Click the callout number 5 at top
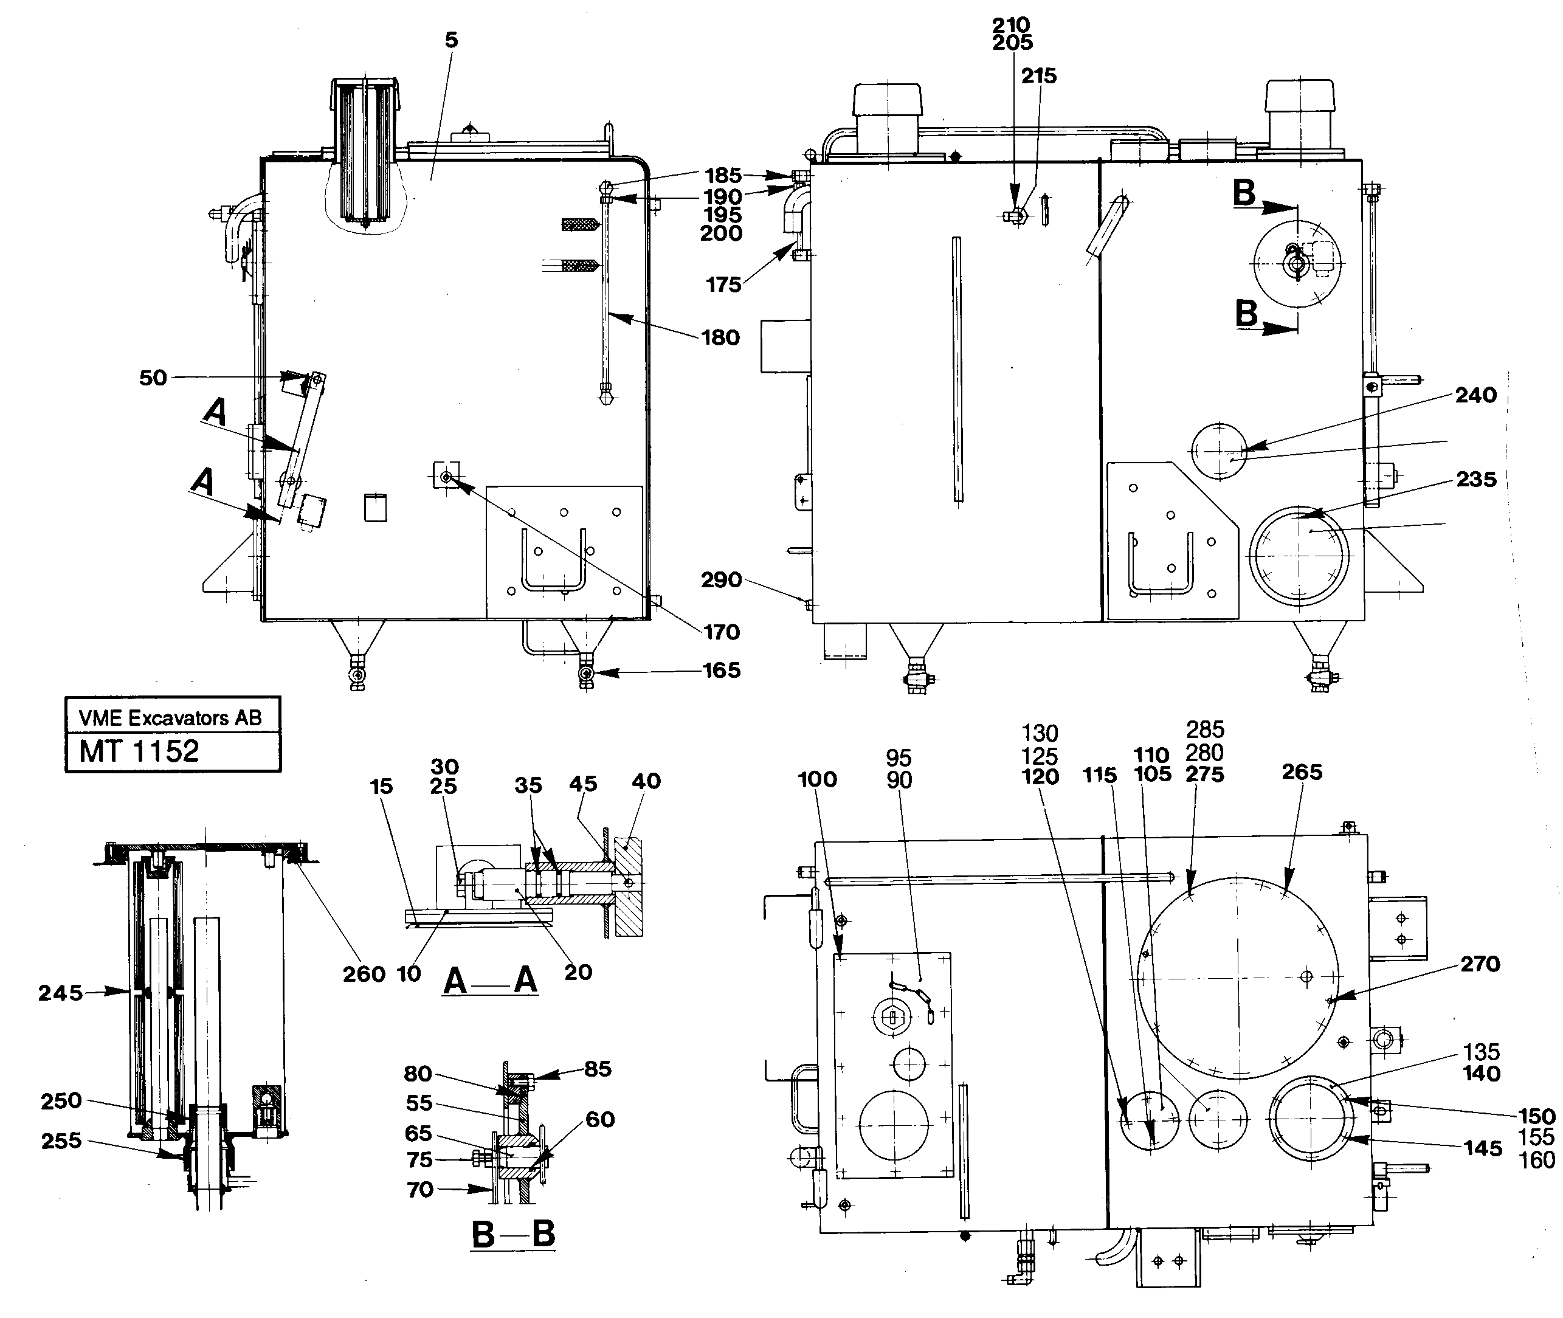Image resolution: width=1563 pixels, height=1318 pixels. coord(450,40)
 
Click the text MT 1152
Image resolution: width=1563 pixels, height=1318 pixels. coord(139,751)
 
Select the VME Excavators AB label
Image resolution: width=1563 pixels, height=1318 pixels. coord(170,718)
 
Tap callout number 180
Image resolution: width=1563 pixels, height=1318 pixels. coord(720,338)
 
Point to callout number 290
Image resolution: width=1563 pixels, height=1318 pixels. coord(721,580)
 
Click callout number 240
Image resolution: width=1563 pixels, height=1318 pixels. coord(1475,395)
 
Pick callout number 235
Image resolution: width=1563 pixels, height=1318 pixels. coord(1476,479)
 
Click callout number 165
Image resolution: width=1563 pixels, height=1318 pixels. coord(722,670)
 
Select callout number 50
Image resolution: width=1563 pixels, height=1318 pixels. coord(153,378)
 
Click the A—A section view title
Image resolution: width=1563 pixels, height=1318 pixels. coord(491,979)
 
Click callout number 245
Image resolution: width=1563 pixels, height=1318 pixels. coord(61,993)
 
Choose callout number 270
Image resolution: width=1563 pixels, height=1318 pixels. coord(1480,964)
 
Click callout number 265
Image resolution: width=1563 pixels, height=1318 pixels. coord(1302,772)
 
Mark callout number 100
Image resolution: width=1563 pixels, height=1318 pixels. coord(817,779)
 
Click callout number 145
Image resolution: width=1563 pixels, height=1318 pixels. coord(1482,1148)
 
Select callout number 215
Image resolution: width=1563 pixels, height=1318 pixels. coord(1039,76)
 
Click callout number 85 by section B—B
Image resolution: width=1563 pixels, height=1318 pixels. coord(598,1069)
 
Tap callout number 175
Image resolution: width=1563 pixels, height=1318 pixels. coord(723,285)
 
